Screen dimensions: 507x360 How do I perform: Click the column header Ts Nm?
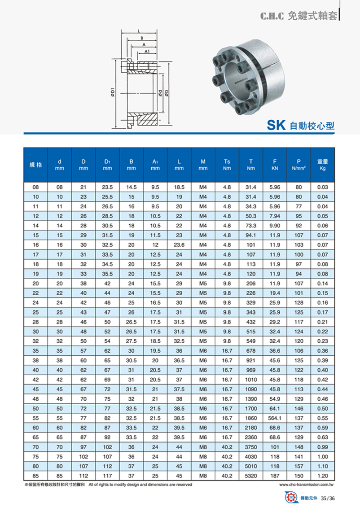point(227,165)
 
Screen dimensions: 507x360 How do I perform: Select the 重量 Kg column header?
point(322,165)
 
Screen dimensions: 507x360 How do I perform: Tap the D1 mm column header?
point(107,165)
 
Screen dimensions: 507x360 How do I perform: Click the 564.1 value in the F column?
point(275,417)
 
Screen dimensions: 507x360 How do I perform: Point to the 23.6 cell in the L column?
point(179,245)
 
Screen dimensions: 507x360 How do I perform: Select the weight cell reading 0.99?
point(322,447)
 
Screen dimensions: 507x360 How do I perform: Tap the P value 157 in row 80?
point(299,466)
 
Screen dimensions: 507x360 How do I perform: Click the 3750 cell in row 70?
point(250,447)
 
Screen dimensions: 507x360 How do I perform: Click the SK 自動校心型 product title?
point(301,125)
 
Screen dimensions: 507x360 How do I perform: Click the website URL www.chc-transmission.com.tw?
point(308,485)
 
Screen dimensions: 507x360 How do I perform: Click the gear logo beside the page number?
point(290,498)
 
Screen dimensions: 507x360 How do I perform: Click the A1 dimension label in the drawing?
point(147,51)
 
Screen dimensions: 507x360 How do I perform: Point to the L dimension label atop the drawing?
point(138,31)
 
